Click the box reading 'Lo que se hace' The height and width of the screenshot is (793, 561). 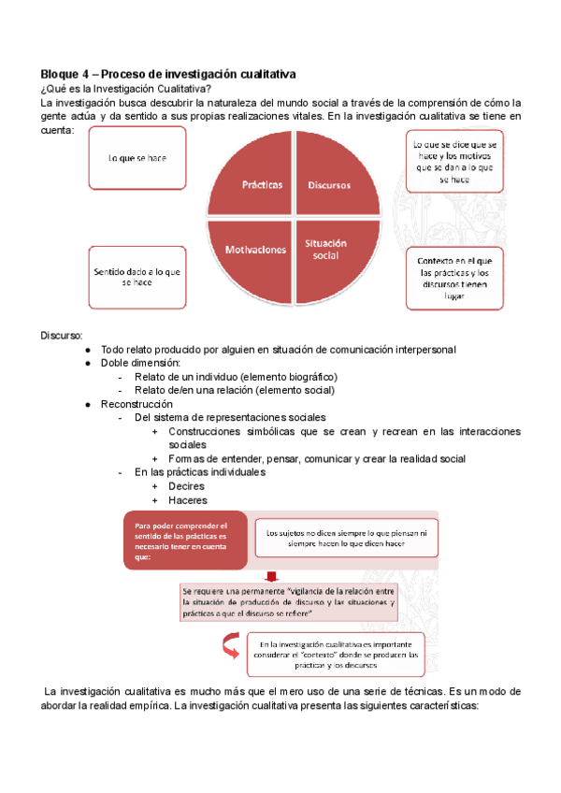pos(137,158)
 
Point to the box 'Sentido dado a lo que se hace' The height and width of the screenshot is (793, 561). pos(137,277)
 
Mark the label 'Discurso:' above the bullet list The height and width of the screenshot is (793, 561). pos(62,335)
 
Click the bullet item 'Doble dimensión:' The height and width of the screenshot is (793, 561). pos(141,363)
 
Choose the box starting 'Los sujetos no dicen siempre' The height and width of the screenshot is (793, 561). pos(346,538)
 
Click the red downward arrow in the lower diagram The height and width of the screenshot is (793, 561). pos(271,575)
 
